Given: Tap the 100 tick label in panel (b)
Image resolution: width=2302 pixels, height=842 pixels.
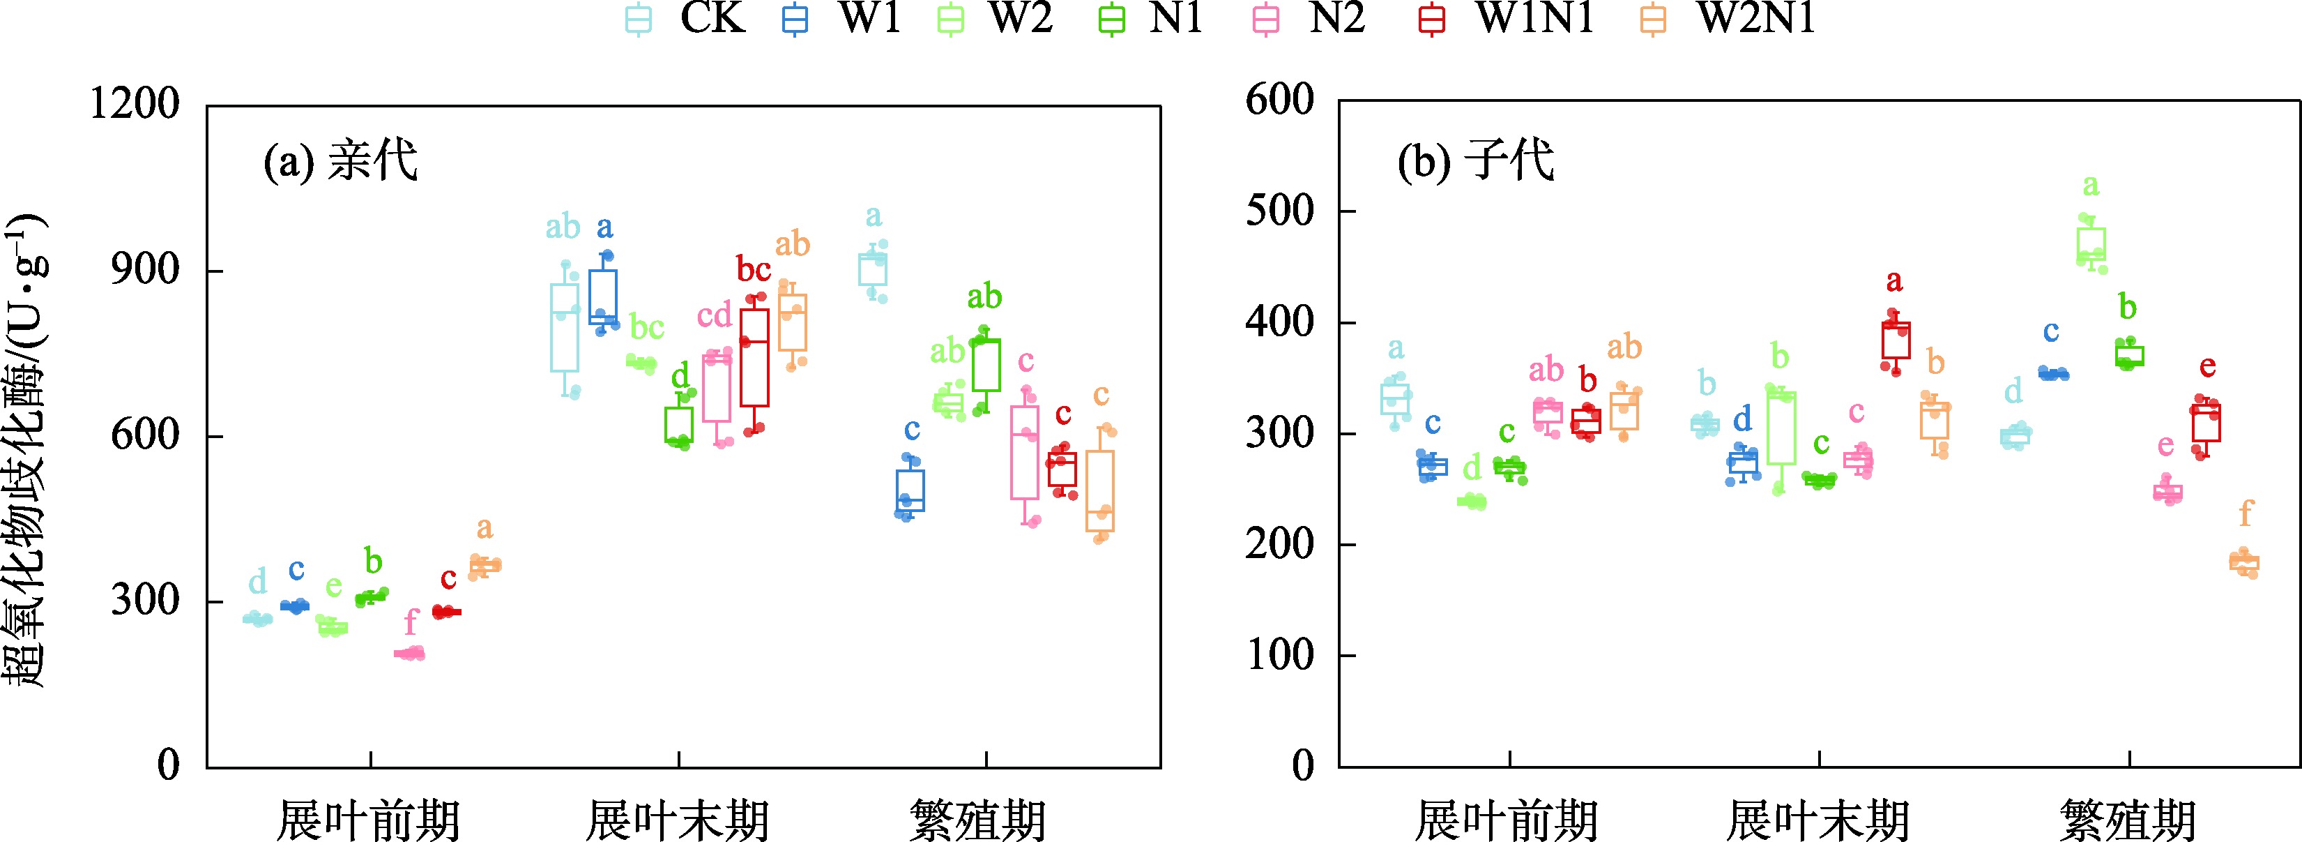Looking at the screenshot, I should pyautogui.click(x=1280, y=655).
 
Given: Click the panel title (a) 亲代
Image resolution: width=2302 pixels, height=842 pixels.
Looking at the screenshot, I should pyautogui.click(x=340, y=163).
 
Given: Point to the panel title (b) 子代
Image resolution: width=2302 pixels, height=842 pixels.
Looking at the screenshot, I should pyautogui.click(x=1475, y=163).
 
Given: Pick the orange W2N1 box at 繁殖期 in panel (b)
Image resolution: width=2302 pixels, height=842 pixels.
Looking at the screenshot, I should pyautogui.click(x=2244, y=562).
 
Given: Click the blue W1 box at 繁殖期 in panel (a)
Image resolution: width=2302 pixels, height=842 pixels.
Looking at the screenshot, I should pyautogui.click(x=910, y=490).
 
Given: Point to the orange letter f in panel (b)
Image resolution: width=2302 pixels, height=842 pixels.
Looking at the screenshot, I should pyautogui.click(x=2245, y=513).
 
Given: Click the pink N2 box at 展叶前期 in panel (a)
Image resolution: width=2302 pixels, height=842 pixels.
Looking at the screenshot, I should pyautogui.click(x=410, y=654).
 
